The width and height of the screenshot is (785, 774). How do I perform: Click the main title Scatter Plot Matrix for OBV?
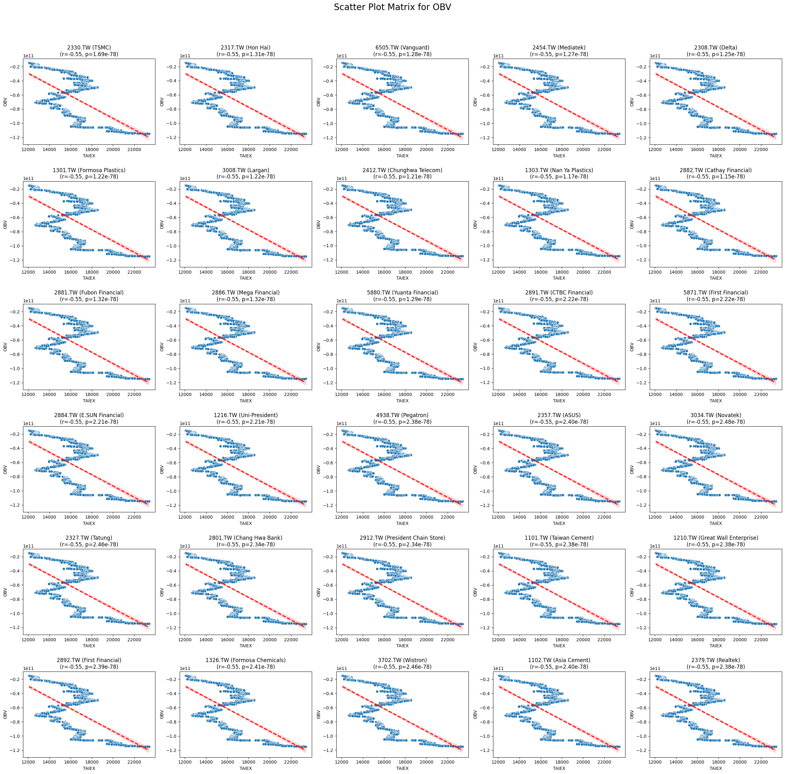coord(392,7)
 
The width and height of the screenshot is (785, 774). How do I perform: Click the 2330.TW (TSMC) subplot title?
coord(89,48)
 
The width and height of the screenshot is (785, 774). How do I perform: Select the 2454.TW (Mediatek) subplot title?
coord(559,48)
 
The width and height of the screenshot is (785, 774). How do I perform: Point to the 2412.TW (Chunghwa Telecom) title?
coord(402,170)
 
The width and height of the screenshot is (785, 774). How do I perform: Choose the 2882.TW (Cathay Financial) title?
coord(716,170)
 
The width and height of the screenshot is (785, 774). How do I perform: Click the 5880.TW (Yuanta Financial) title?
coord(402,293)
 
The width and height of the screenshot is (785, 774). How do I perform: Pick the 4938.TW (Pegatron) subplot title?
coord(402,415)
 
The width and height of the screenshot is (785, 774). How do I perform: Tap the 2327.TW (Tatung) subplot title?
coord(89,538)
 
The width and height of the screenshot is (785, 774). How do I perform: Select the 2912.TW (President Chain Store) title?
coord(402,538)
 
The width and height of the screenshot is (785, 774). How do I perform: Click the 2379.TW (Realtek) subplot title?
coord(716,660)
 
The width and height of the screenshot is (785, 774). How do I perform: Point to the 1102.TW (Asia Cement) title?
coord(559,660)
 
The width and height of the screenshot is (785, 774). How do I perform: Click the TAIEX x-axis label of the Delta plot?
coord(716,156)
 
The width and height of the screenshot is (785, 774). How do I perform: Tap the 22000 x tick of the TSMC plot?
coord(134,149)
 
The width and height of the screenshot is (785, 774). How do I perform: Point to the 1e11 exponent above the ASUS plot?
coord(498,423)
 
